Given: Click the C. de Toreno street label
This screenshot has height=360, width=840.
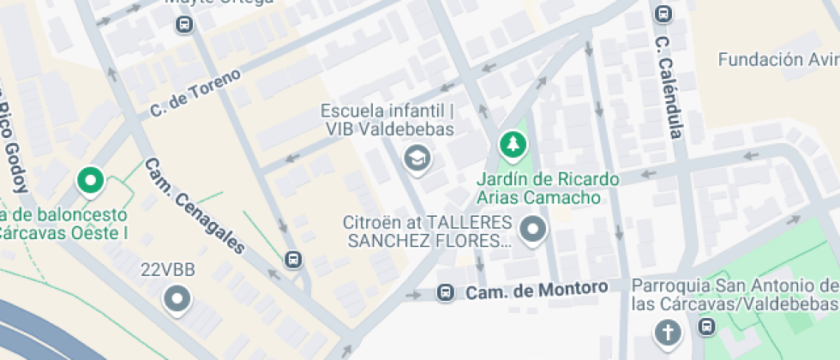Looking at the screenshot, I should [x=195, y=92].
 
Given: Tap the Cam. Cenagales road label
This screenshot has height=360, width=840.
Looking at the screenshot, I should [x=195, y=205].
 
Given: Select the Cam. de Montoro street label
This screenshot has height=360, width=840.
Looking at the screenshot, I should [x=541, y=291].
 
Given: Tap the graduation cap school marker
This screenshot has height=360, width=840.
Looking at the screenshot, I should [x=417, y=157].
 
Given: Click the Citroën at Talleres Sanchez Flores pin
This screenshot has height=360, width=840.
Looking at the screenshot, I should [x=534, y=230].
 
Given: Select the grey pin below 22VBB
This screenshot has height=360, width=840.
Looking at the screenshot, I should [x=178, y=299].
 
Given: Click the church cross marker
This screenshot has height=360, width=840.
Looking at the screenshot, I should [x=666, y=332].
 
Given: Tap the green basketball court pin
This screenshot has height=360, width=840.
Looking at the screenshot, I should [x=90, y=181].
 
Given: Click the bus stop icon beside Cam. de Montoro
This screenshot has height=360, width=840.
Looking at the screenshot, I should [x=445, y=293].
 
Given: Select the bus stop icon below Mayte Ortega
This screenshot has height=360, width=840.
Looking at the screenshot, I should [x=183, y=24].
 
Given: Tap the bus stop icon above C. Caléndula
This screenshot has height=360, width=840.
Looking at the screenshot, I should [x=663, y=14].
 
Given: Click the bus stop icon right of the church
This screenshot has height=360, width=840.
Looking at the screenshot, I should [x=706, y=327].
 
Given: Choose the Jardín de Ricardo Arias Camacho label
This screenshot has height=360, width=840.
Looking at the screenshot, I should [x=547, y=189].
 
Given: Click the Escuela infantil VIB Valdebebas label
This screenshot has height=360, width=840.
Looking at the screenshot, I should [x=387, y=121].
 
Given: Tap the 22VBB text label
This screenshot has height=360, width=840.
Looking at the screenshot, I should [x=168, y=271].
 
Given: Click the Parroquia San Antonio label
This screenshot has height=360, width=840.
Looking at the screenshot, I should [x=735, y=294].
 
